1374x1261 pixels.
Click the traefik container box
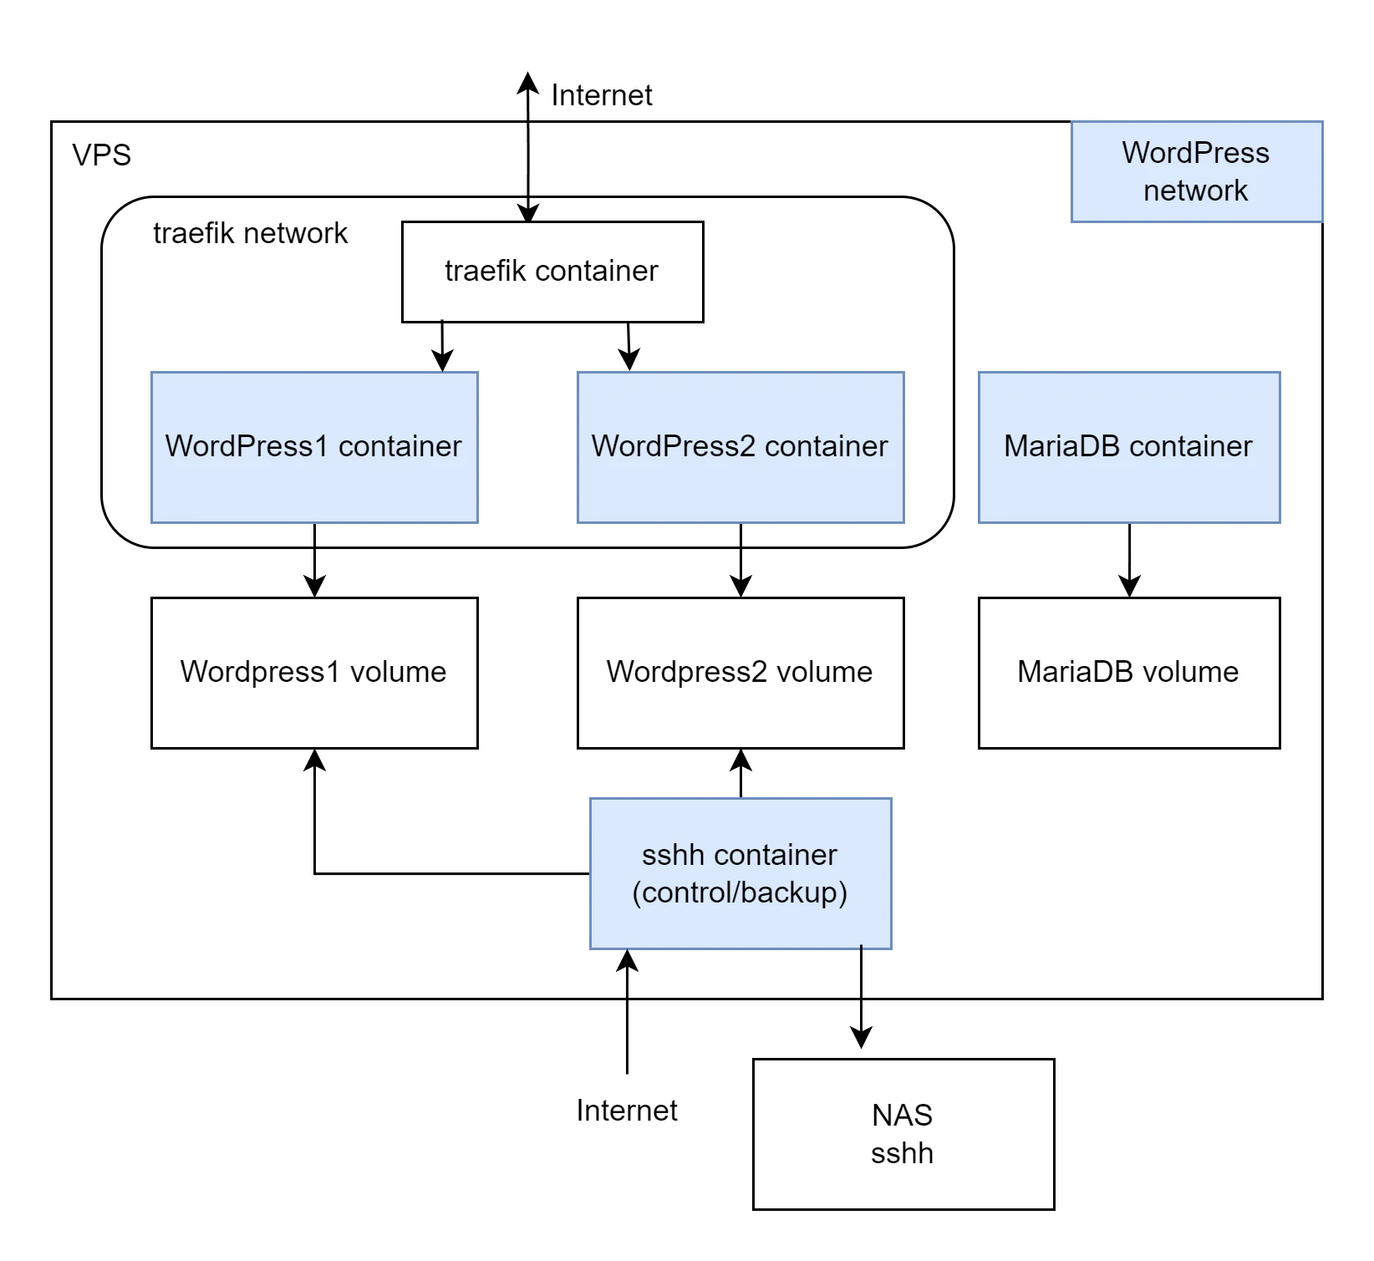click(552, 272)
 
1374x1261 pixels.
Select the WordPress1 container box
click(314, 447)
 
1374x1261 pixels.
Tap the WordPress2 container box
click(740, 447)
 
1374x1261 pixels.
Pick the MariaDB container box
click(1128, 447)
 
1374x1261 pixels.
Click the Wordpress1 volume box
click(314, 673)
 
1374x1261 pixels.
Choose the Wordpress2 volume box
click(740, 673)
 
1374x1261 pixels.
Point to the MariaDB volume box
click(1128, 673)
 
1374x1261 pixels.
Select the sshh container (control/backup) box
click(740, 873)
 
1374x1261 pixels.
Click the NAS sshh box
click(903, 1134)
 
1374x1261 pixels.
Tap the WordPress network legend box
click(1196, 171)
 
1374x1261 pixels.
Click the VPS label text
click(102, 155)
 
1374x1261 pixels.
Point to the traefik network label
click(250, 233)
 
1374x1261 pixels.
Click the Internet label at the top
click(601, 95)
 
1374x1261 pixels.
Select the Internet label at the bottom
click(626, 1111)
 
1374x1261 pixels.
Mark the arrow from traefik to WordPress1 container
click(442, 346)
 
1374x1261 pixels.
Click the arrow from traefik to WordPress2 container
click(628, 346)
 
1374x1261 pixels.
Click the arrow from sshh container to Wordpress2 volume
click(740, 774)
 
